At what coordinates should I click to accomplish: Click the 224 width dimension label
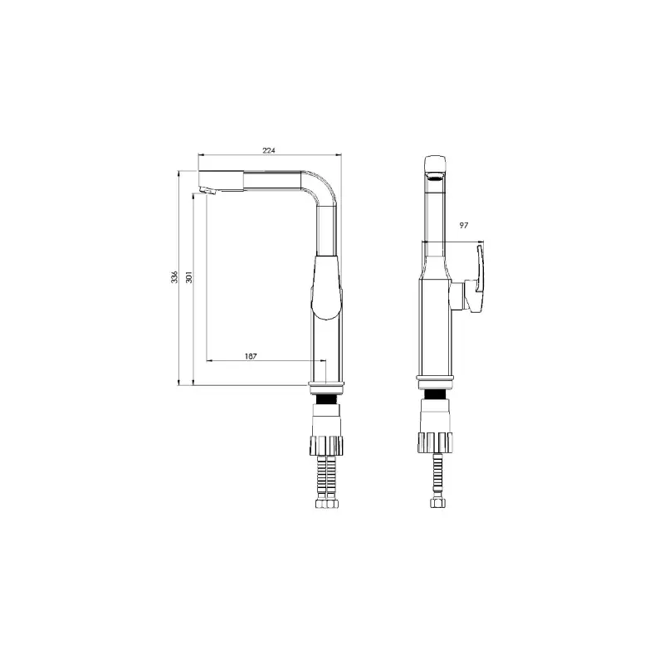pyautogui.click(x=269, y=150)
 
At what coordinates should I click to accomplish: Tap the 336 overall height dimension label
pyautogui.click(x=174, y=277)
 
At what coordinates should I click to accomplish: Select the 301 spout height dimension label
pyautogui.click(x=189, y=277)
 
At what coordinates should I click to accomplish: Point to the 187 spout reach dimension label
pyautogui.click(x=251, y=356)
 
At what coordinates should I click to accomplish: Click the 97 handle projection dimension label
pyautogui.click(x=464, y=225)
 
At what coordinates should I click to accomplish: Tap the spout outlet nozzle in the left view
pyautogui.click(x=207, y=191)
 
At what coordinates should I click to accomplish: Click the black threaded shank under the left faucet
pyautogui.click(x=326, y=399)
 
